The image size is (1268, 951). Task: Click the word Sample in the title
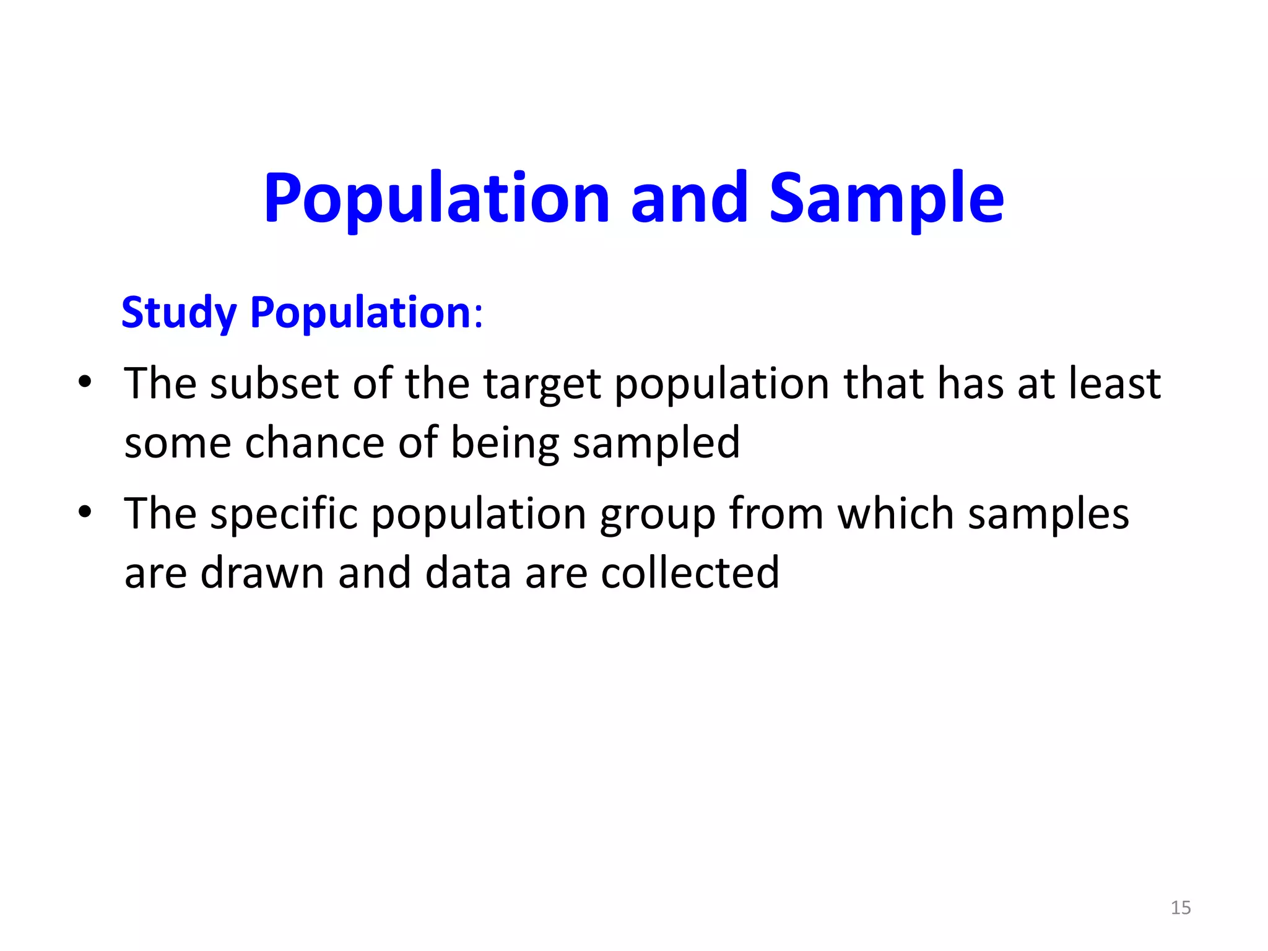pos(886,198)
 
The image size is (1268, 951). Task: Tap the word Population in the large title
pos(437,198)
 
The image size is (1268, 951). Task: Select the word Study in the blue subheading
pos(179,313)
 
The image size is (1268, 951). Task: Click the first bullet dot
pos(85,381)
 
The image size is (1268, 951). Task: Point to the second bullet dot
pos(85,511)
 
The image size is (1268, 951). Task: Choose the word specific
pos(284,515)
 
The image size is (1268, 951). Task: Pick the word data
pos(468,573)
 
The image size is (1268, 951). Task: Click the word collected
pos(690,573)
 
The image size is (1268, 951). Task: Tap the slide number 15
pos(1181,908)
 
